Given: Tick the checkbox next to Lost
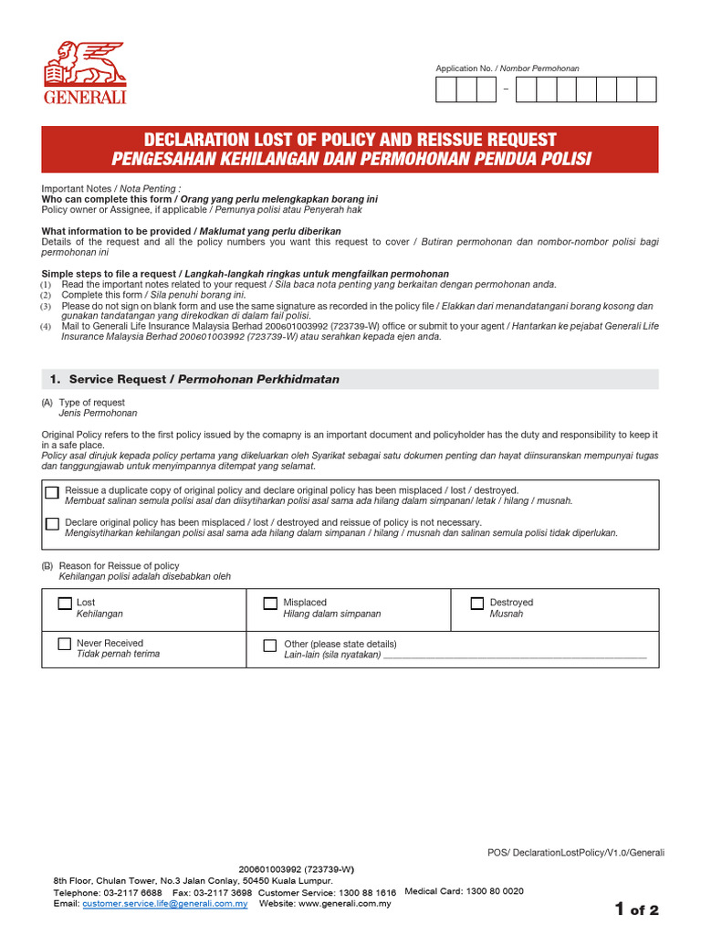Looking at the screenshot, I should [x=65, y=604].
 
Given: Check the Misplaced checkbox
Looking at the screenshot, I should [x=270, y=604].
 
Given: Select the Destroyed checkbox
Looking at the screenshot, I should [x=476, y=604].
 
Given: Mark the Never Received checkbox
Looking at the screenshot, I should [x=65, y=644].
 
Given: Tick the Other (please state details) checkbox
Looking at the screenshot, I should [x=270, y=645].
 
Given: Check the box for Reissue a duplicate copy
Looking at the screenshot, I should [x=52, y=492].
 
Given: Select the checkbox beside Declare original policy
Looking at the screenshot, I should [x=52, y=523].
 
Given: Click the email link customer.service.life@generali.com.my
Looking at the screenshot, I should [x=165, y=903].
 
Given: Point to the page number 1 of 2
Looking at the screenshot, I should [x=636, y=909].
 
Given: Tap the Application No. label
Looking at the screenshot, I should [x=507, y=68].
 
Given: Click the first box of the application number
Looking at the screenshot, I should [x=446, y=89].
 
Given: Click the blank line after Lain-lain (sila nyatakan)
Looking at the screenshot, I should [x=515, y=656].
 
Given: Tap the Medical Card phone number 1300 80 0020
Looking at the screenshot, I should [x=494, y=890].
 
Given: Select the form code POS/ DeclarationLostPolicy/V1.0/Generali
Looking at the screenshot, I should [x=576, y=853].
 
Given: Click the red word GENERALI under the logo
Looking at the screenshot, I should [x=85, y=98].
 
